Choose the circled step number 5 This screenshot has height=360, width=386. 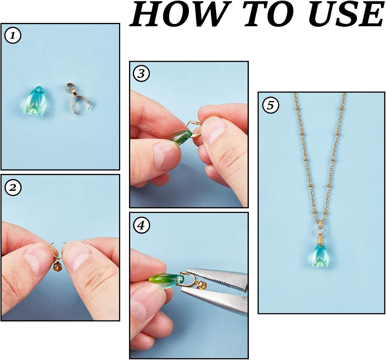(x=270, y=105)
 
